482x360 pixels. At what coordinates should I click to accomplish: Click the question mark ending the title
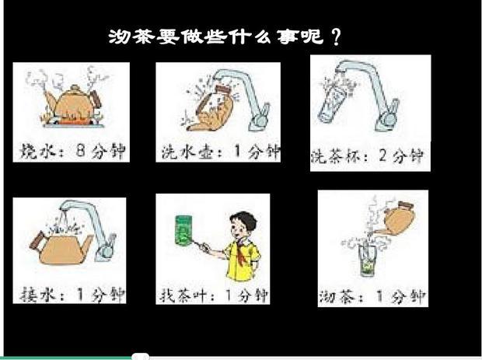337,37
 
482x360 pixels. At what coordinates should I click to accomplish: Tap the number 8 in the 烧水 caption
81,150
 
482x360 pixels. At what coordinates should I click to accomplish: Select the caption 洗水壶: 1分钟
221,152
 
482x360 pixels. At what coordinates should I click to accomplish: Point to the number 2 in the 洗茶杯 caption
382,156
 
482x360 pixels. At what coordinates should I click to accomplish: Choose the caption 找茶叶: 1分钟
213,296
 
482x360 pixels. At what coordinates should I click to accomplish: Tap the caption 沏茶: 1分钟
372,297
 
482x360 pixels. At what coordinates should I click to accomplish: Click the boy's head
243,225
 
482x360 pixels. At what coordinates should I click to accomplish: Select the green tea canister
183,231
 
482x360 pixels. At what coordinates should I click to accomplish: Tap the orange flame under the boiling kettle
73,122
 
